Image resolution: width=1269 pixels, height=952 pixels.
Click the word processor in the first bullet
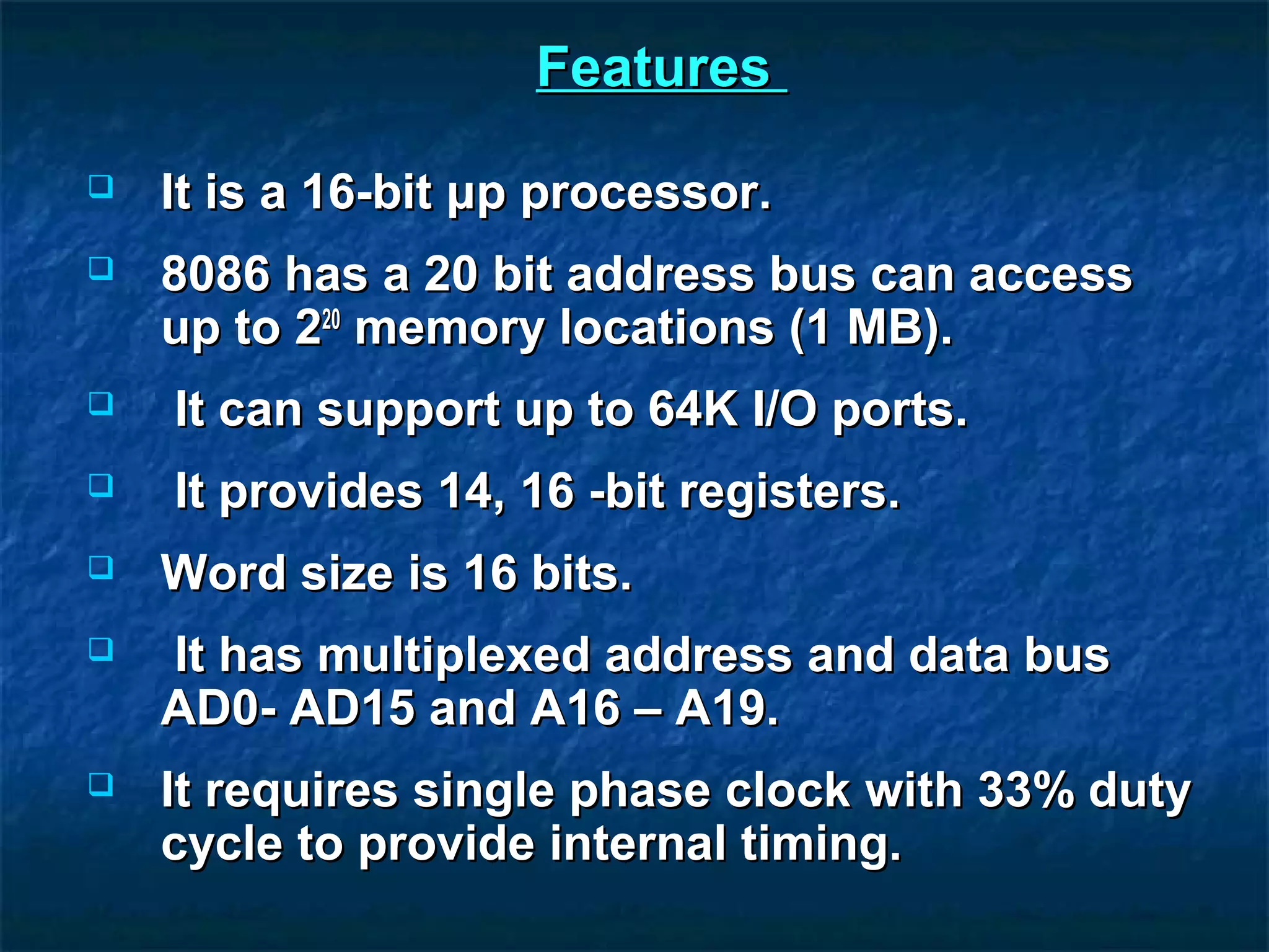click(646, 195)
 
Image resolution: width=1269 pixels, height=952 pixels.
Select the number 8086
click(216, 274)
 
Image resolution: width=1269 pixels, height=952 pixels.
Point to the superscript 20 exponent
click(332, 319)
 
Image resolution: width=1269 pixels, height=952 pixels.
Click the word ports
click(898, 411)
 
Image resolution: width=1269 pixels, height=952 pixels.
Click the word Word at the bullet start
click(223, 573)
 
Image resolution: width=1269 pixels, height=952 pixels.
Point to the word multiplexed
click(454, 656)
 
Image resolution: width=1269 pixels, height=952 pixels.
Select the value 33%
click(1025, 791)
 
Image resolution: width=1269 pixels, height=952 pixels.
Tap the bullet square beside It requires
click(101, 785)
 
